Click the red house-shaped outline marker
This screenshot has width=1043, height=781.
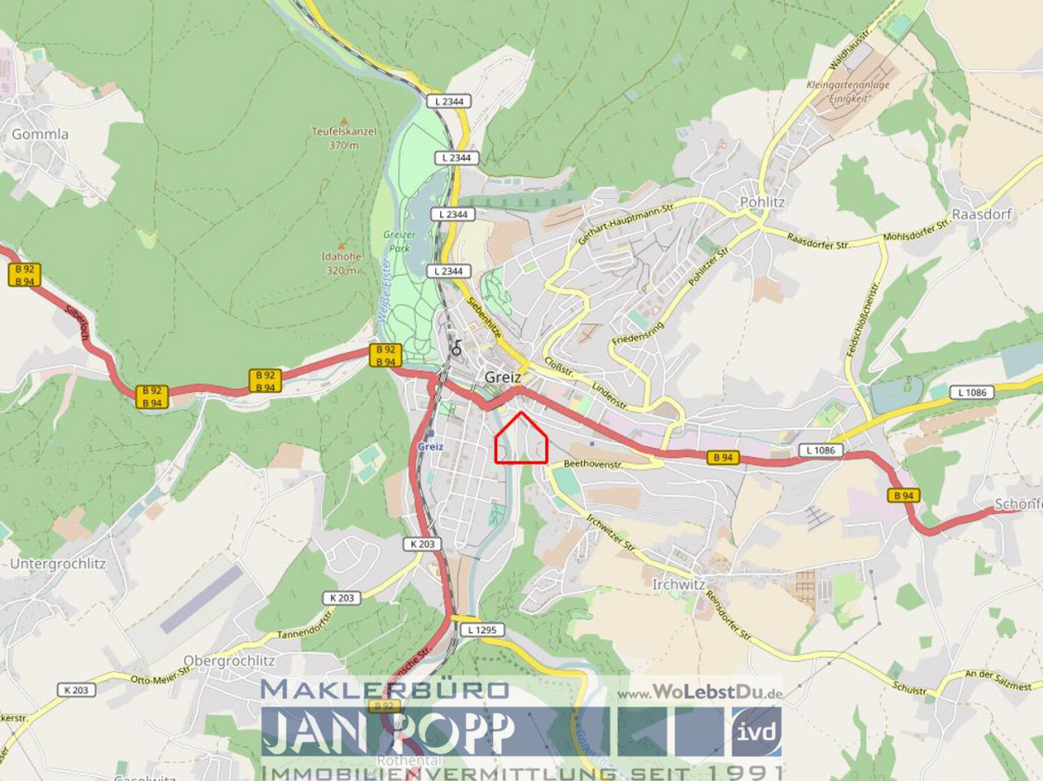tap(521, 440)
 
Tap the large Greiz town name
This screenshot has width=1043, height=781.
tap(503, 377)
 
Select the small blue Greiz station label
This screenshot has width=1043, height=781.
tap(430, 446)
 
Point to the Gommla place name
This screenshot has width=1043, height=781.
tap(40, 134)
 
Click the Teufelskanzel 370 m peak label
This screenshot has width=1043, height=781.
tap(344, 138)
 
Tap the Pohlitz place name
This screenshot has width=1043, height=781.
tap(762, 202)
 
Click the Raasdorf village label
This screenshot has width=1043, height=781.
tap(981, 214)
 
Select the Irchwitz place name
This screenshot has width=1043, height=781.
tap(678, 584)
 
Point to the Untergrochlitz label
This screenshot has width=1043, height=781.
tap(58, 564)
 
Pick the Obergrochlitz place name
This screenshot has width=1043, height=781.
tap(229, 660)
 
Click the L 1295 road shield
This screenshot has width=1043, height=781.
tap(482, 630)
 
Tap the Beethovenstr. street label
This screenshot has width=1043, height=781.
tap(593, 464)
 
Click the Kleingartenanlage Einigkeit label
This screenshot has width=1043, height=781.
tap(847, 91)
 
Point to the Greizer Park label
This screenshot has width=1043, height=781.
tap(399, 241)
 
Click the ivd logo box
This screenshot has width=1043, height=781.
tap(756, 730)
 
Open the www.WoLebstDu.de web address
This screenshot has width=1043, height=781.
tap(699, 693)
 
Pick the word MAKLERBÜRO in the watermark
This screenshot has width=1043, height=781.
tap(385, 689)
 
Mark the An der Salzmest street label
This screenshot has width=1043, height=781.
tap(998, 679)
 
